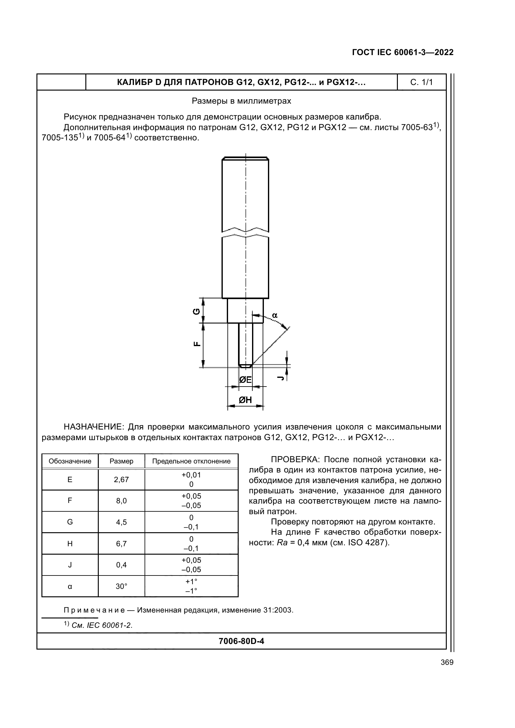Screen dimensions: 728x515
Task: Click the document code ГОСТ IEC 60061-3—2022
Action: (x=402, y=52)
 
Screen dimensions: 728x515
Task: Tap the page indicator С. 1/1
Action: (x=422, y=82)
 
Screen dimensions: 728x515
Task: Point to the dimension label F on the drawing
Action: (x=197, y=344)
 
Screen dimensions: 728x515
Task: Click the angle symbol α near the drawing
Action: (x=274, y=316)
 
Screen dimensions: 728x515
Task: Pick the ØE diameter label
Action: (x=245, y=379)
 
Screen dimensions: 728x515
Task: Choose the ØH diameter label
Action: (x=245, y=400)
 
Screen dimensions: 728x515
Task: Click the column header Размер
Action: (x=121, y=461)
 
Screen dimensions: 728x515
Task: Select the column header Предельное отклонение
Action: (x=191, y=461)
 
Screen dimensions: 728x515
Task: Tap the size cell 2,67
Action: (x=121, y=479)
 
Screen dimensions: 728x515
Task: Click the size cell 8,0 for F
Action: (x=121, y=501)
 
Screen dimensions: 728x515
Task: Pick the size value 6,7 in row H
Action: (x=121, y=544)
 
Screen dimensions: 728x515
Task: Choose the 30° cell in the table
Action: (x=121, y=587)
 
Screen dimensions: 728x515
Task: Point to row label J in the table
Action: (x=70, y=565)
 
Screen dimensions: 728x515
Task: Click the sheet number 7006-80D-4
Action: (x=241, y=641)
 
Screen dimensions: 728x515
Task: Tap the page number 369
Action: (x=447, y=662)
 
